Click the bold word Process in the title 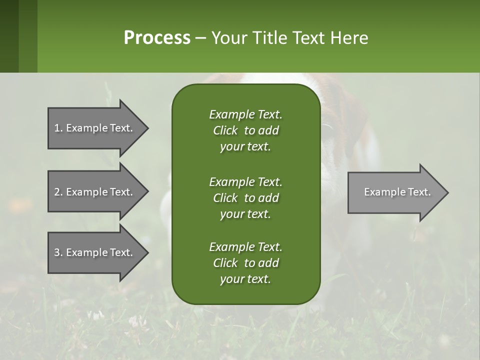pyautogui.click(x=157, y=38)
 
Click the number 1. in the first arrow pyautogui.click(x=58, y=128)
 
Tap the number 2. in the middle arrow pyautogui.click(x=58, y=192)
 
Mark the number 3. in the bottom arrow pyautogui.click(x=58, y=252)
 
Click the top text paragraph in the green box pyautogui.click(x=245, y=130)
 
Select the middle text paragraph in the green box pyautogui.click(x=245, y=198)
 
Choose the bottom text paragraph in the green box pyautogui.click(x=245, y=263)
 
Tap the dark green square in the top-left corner pyautogui.click(x=9, y=36)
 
